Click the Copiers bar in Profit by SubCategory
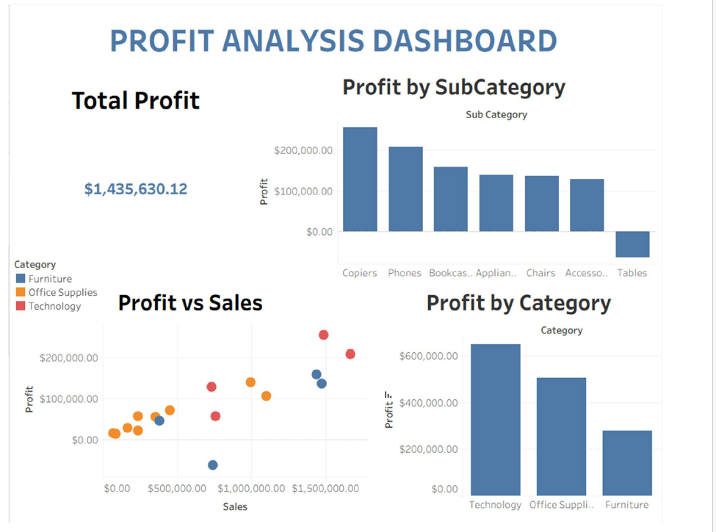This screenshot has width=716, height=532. coord(360,180)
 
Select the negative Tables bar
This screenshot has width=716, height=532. coord(632,244)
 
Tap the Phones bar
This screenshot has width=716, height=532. coord(405,189)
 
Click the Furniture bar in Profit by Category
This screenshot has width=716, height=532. coord(626,462)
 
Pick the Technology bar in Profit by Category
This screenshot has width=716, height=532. coord(495,420)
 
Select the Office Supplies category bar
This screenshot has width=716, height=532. coord(561,436)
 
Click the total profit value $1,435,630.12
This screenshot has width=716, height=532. coord(136,189)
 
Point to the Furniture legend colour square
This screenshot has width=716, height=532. coord(21,279)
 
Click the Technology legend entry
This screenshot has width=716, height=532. coord(54,306)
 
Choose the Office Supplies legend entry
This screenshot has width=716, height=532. coord(62,292)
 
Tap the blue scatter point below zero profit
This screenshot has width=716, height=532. coord(213,465)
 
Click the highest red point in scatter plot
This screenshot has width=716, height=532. coord(323,335)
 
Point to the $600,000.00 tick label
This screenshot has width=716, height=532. coord(428,356)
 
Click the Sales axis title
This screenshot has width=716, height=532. coord(235,506)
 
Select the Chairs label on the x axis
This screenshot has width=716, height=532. coord(540,273)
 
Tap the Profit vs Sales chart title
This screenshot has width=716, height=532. coord(190,302)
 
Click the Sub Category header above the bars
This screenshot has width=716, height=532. coord(496,114)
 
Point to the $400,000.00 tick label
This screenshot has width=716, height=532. coord(428,403)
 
